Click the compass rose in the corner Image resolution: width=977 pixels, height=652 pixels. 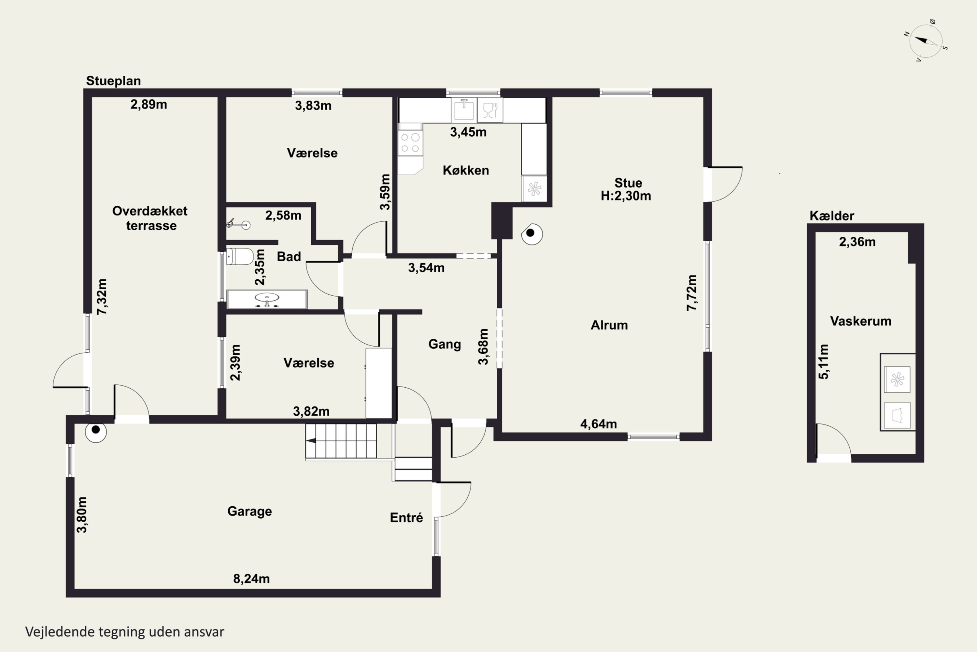tap(926, 41)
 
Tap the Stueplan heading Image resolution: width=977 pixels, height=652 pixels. tap(113, 81)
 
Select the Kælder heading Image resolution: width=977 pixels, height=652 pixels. tap(832, 215)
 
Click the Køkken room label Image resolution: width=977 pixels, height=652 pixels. tap(466, 170)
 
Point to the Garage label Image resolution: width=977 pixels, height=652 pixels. tap(250, 511)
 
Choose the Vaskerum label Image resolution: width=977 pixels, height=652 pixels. tap(861, 321)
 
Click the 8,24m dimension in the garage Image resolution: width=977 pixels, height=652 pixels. tap(251, 579)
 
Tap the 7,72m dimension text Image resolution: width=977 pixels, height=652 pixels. tap(692, 293)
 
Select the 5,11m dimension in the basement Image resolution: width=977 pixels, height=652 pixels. tap(823, 362)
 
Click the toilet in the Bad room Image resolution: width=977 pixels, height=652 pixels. tap(240, 257)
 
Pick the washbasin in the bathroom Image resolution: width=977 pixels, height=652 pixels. tap(267, 299)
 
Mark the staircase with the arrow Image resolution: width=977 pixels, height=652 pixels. tap(341, 441)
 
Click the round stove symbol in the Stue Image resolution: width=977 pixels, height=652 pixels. tap(532, 234)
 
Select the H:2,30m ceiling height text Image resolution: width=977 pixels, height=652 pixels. tap(626, 196)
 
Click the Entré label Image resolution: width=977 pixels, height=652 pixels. tap(406, 518)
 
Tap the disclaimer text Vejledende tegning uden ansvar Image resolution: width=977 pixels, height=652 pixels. tap(125, 632)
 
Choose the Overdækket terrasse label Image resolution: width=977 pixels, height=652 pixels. tap(150, 218)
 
